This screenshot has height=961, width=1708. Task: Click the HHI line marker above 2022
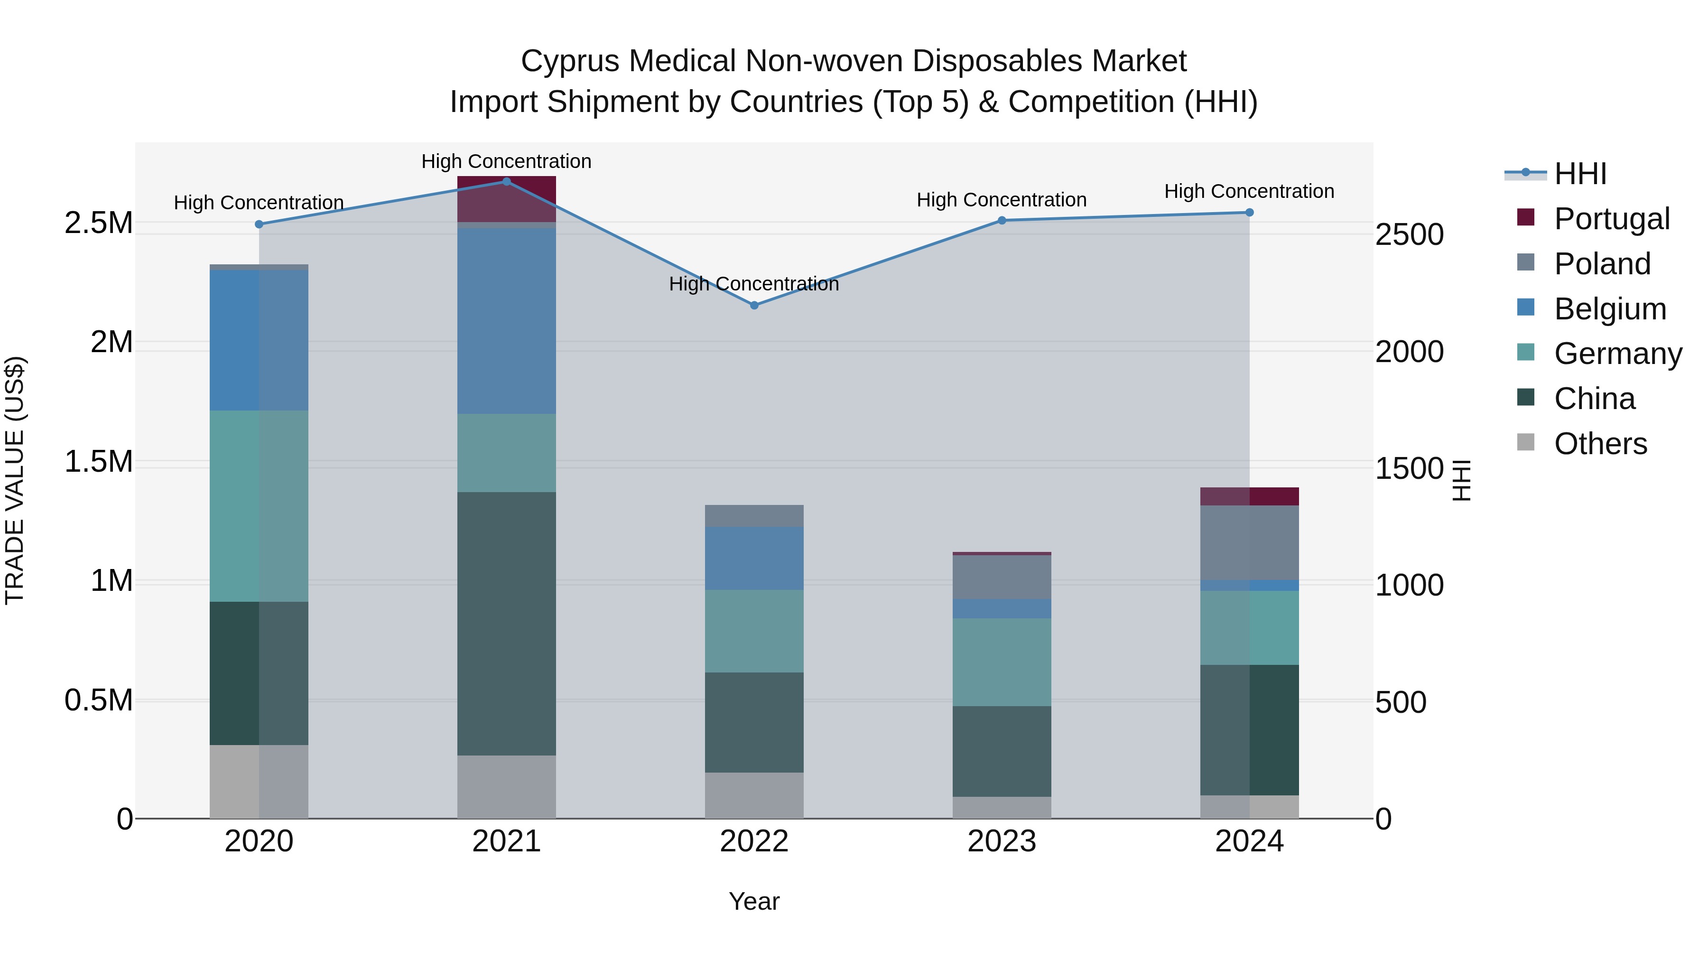tap(754, 305)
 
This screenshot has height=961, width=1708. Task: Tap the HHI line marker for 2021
tap(507, 181)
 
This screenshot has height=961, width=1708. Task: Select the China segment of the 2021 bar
tap(507, 624)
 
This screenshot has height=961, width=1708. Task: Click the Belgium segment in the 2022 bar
tap(754, 559)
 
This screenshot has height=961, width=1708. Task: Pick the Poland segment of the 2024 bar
tap(1249, 542)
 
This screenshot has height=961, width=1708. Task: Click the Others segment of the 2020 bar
tap(259, 781)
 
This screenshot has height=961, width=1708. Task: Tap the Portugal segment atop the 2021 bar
tap(507, 199)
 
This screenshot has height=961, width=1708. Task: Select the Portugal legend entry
tap(1611, 219)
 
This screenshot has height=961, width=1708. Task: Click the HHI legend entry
tap(1579, 174)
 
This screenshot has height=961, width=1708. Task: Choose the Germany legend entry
tap(1617, 354)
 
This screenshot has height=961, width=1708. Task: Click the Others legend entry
tap(1600, 444)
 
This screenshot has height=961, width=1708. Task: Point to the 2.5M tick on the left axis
tap(98, 223)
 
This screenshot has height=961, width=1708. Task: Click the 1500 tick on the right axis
tap(1410, 468)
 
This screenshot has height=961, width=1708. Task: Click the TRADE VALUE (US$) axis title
tap(15, 480)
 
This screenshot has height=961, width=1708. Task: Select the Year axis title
tap(754, 901)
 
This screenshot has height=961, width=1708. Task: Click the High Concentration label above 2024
tap(1249, 191)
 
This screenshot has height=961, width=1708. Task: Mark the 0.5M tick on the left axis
tap(98, 700)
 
